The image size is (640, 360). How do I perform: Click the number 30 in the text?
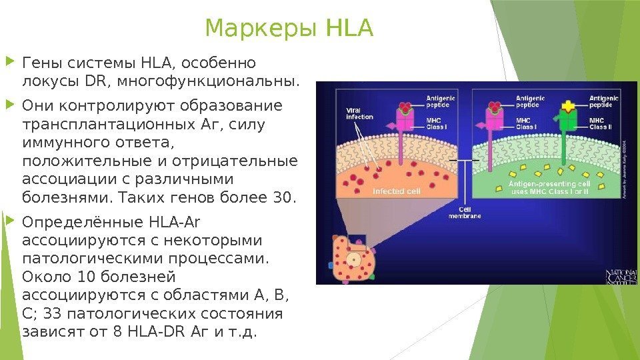click(280, 197)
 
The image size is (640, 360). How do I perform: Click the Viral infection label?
click(359, 113)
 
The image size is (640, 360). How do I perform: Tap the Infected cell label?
click(396, 191)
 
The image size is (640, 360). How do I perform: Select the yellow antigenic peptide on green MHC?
click(567, 107)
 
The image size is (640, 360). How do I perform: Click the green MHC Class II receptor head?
click(567, 119)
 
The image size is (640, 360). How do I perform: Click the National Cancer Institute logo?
click(621, 277)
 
